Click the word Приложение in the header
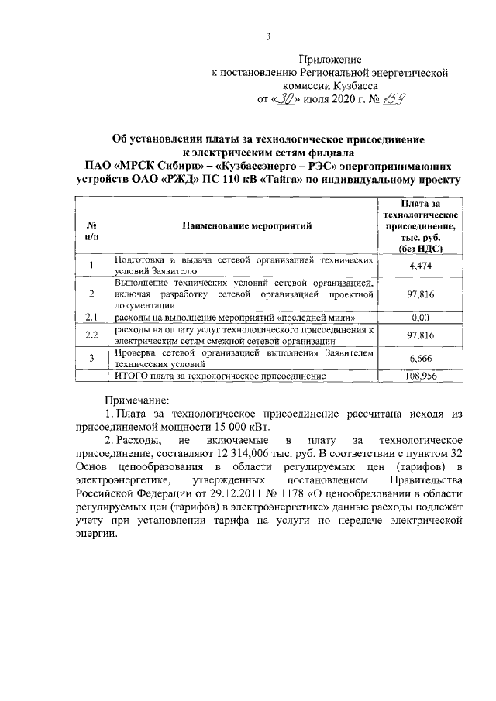(331, 59)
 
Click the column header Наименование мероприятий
(246, 227)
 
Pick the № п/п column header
(91, 227)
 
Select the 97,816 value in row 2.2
(419, 335)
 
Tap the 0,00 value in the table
(419, 317)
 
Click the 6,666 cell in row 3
(419, 358)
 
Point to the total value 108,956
(419, 376)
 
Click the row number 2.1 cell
(91, 317)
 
